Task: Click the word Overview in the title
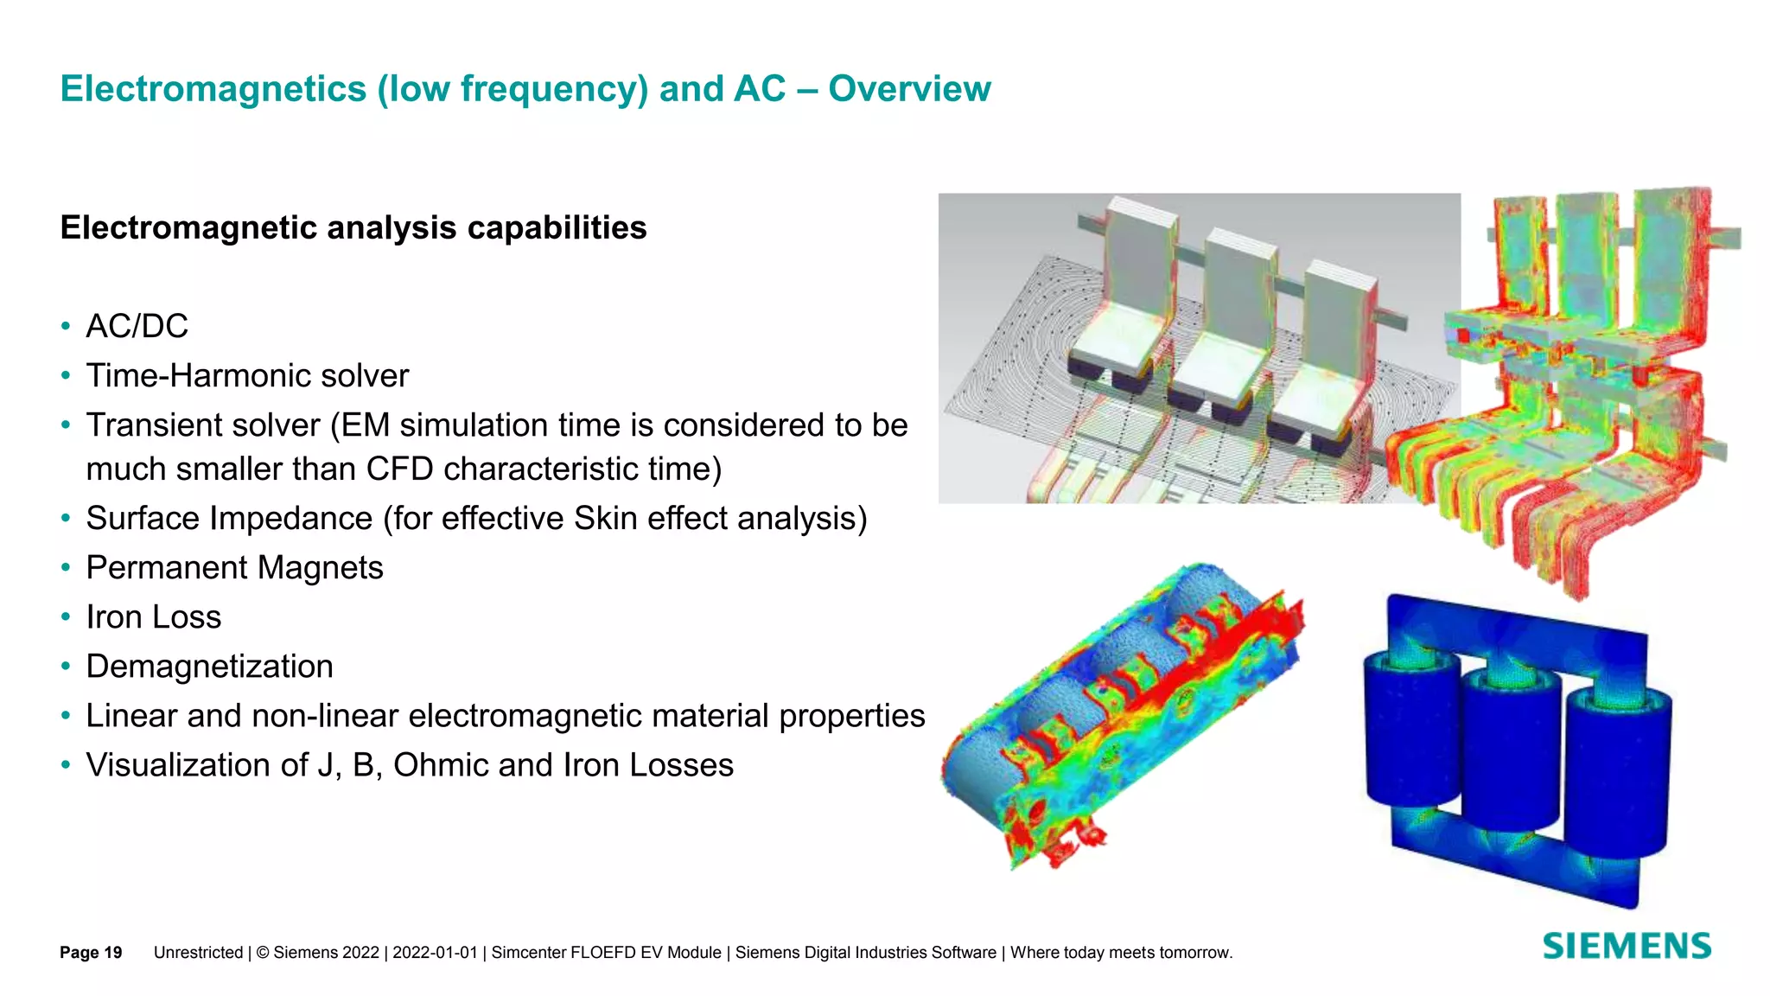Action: pyautogui.click(x=909, y=89)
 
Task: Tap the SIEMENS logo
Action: pyautogui.click(x=1627, y=946)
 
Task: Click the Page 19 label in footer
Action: pyautogui.click(x=91, y=952)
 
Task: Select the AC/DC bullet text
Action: pyautogui.click(x=137, y=326)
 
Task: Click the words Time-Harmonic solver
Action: pyautogui.click(x=247, y=375)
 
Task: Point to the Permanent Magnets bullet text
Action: pyautogui.click(x=234, y=567)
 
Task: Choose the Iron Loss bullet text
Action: pyautogui.click(x=154, y=616)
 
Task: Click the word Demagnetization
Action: pyautogui.click(x=209, y=666)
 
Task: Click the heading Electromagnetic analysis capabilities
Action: pyautogui.click(x=353, y=227)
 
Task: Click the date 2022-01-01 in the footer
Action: pyautogui.click(x=435, y=952)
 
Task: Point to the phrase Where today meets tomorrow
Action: pyautogui.click(x=1121, y=952)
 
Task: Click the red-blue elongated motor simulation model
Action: pyautogui.click(x=1124, y=718)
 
